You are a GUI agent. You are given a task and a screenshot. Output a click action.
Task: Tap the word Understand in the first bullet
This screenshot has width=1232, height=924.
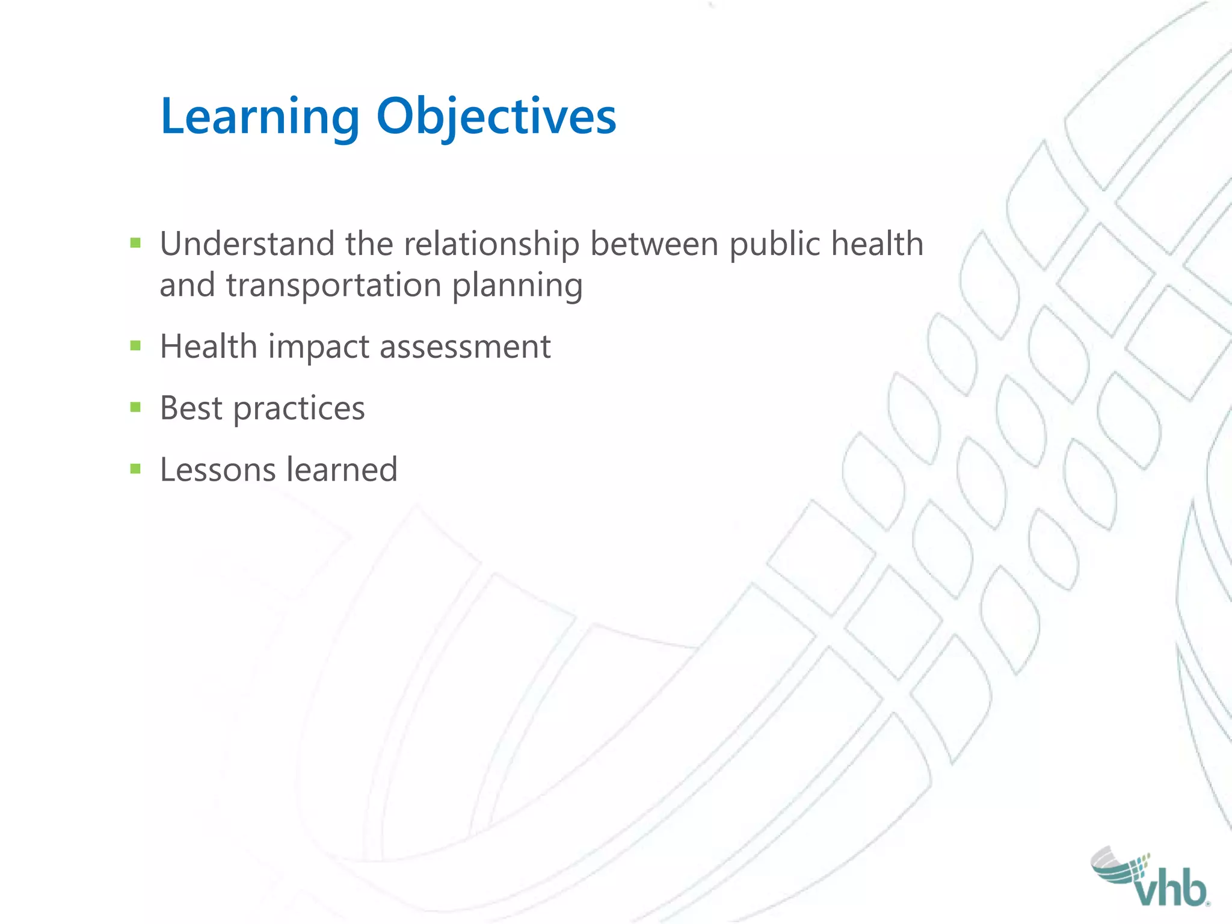click(247, 244)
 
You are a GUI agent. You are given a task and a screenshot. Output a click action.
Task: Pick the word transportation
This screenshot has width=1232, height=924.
click(334, 285)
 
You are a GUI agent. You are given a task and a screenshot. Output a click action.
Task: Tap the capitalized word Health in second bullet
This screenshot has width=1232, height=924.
click(209, 347)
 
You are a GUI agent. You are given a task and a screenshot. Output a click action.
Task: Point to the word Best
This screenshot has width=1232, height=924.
click(191, 408)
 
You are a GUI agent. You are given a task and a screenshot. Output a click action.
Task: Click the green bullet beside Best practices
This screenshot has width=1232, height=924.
click(135, 408)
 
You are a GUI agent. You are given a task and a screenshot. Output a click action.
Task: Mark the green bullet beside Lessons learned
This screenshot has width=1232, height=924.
click(135, 469)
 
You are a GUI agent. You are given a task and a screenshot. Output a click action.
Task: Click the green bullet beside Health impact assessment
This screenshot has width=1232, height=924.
click(135, 345)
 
